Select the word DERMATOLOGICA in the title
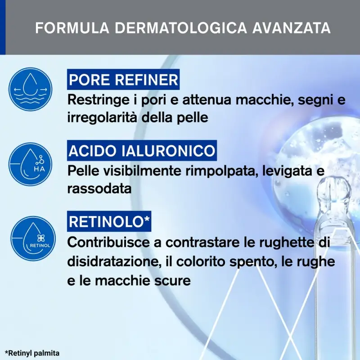(x=180, y=27)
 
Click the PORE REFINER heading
(x=123, y=80)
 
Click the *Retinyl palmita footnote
(x=32, y=353)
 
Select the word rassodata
(x=99, y=189)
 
